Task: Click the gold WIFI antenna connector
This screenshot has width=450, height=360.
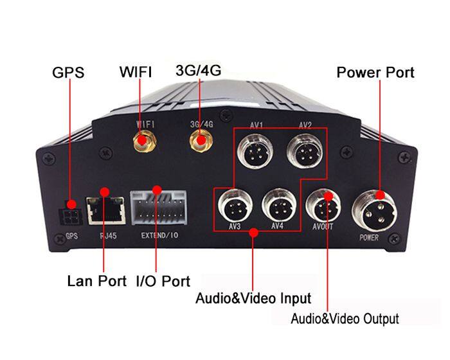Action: click(145, 141)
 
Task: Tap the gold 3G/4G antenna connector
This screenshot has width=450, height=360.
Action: click(201, 140)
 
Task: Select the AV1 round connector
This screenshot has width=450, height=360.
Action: click(255, 151)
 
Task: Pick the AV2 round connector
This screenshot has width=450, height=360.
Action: click(305, 151)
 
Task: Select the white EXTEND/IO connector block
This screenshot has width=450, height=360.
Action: click(158, 208)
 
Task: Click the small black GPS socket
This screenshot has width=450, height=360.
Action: click(69, 216)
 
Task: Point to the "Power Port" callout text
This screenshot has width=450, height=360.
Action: click(375, 73)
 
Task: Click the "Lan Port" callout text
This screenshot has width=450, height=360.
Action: click(96, 280)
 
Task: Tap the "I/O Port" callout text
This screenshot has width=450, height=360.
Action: click(163, 281)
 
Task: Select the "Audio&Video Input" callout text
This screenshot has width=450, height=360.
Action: click(253, 298)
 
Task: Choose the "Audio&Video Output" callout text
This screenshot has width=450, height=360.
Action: click(345, 319)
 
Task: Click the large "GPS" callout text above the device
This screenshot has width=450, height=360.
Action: click(68, 72)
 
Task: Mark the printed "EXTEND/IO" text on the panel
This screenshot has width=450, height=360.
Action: click(159, 235)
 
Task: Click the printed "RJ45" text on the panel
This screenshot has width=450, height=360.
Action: click(108, 236)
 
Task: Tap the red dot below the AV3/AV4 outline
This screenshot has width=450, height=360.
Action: click(253, 232)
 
